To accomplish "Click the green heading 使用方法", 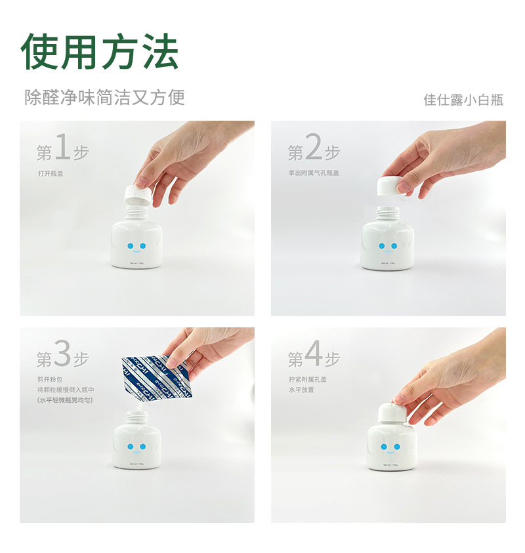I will click(x=100, y=51).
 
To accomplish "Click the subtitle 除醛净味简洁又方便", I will click(x=104, y=97).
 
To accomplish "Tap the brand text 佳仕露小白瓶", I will click(x=463, y=100).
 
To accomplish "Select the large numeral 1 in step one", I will click(x=62, y=149).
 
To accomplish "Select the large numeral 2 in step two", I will click(x=314, y=149).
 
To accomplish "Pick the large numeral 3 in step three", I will click(x=62, y=356).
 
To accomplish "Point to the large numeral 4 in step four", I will click(x=314, y=356).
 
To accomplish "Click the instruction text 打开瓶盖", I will click(x=51, y=173).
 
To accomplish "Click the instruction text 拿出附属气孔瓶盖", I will click(x=313, y=173).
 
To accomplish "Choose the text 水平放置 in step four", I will click(x=301, y=390).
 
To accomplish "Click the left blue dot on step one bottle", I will click(x=129, y=246).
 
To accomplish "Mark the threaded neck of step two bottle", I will click(x=388, y=213).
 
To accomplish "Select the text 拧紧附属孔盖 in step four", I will click(x=307, y=379).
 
